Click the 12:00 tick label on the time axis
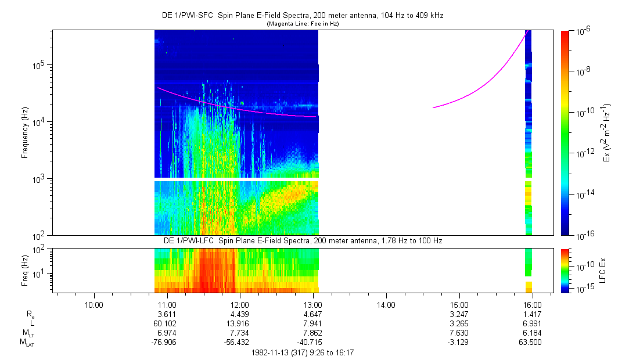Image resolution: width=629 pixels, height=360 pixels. click(240, 304)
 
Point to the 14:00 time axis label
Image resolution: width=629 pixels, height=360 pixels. click(386, 304)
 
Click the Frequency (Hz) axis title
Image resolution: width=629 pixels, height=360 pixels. click(25, 133)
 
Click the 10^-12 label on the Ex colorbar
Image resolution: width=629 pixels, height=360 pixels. click(583, 153)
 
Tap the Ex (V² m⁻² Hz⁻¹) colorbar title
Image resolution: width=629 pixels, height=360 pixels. click(608, 133)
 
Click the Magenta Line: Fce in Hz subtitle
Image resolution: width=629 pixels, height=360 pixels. click(303, 24)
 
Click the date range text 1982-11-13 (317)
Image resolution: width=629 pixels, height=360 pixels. click(303, 352)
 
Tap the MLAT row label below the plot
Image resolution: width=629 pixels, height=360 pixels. click(26, 343)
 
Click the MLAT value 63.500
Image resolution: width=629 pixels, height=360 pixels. click(533, 343)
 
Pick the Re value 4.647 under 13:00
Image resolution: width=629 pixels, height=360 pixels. click(313, 314)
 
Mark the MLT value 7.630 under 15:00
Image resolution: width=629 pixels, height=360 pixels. click(459, 333)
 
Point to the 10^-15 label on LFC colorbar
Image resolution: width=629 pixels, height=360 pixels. click(581, 289)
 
